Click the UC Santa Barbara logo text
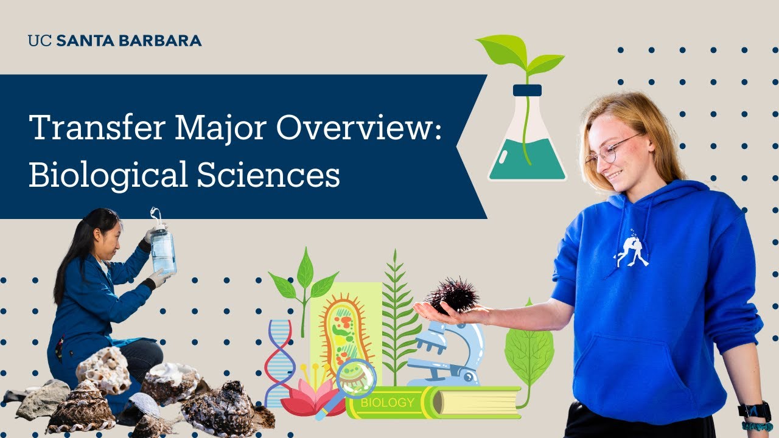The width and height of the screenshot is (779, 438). tap(114, 41)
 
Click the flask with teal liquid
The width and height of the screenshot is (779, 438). tap(527, 146)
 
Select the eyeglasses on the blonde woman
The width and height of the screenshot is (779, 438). tap(612, 150)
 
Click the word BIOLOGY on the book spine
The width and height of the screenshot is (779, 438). tap(387, 403)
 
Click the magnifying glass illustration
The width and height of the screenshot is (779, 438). tap(353, 380)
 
